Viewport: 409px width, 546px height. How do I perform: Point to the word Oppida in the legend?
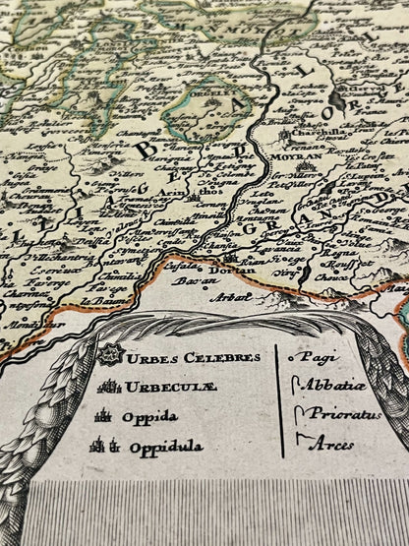(149, 416)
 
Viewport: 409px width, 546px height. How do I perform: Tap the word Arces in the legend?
(332, 445)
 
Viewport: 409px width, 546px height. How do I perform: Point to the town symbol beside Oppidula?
(101, 446)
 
